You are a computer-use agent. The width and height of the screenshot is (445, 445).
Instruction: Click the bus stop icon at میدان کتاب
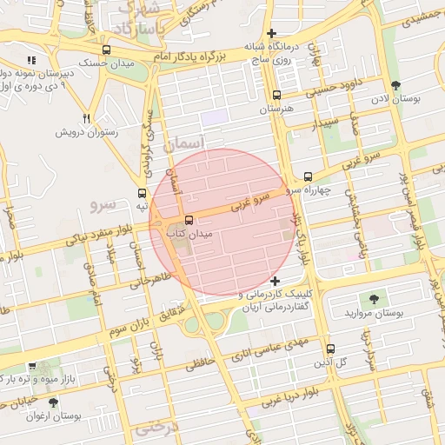pyautogui.click(x=189, y=220)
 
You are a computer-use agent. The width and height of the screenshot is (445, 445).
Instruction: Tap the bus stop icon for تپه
pyautogui.click(x=142, y=193)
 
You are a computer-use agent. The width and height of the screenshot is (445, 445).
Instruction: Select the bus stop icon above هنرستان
pyautogui.click(x=276, y=96)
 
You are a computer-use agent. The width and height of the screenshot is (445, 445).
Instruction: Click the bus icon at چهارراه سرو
pyautogui.click(x=308, y=176)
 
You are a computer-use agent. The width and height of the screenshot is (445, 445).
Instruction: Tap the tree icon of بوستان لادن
pyautogui.click(x=396, y=85)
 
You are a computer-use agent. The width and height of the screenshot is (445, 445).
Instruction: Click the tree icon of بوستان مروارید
pyautogui.click(x=375, y=298)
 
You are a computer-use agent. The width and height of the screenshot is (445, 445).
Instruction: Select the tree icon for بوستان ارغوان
pyautogui.click(x=53, y=403)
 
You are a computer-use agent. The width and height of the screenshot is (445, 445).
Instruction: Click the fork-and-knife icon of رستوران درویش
pyautogui.click(x=86, y=118)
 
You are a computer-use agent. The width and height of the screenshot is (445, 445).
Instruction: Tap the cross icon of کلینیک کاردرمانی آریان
pyautogui.click(x=275, y=281)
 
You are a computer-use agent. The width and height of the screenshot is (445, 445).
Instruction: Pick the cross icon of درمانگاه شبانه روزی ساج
pyautogui.click(x=272, y=33)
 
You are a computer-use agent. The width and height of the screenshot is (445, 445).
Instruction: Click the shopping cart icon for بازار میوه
pyautogui.click(x=32, y=367)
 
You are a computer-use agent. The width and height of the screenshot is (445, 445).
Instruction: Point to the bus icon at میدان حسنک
pyautogui.click(x=106, y=50)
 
